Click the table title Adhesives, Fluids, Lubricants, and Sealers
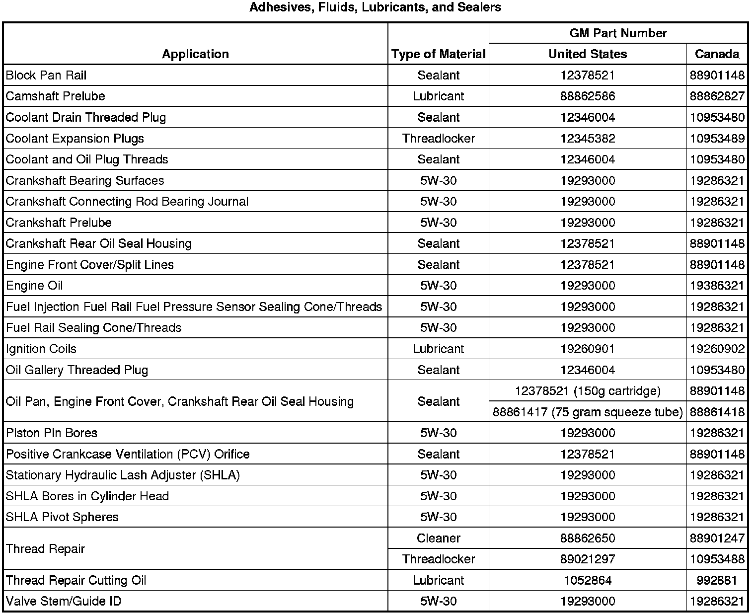pos(375,7)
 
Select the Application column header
pos(195,54)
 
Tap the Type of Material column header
pos(438,54)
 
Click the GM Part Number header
pos(618,33)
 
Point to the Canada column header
pos(717,54)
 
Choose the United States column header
pos(588,54)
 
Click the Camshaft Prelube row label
pos(56,96)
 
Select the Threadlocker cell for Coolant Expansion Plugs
pos(438,138)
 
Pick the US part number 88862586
pos(588,96)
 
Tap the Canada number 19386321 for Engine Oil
pos(717,286)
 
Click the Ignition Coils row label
pos(41,349)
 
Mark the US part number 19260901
pos(588,349)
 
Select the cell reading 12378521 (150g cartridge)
pos(588,391)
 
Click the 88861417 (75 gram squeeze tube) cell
pos(588,412)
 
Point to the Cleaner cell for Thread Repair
pos(438,538)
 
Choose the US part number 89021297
pos(588,559)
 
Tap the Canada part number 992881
pos(717,580)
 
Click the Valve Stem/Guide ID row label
pos(64,601)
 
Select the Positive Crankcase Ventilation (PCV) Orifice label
pos(128,454)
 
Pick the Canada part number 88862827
pos(717,96)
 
